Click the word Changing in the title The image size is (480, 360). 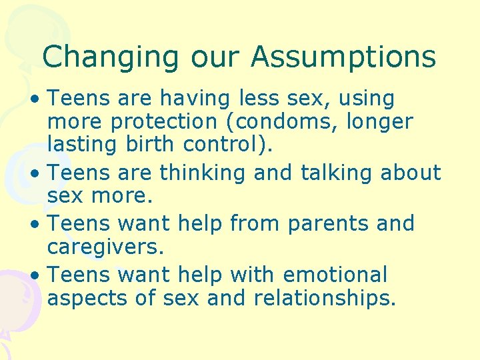point(111,57)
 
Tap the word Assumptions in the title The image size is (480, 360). point(343,57)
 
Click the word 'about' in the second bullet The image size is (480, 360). point(411,173)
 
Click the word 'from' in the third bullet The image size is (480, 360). point(256,223)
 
